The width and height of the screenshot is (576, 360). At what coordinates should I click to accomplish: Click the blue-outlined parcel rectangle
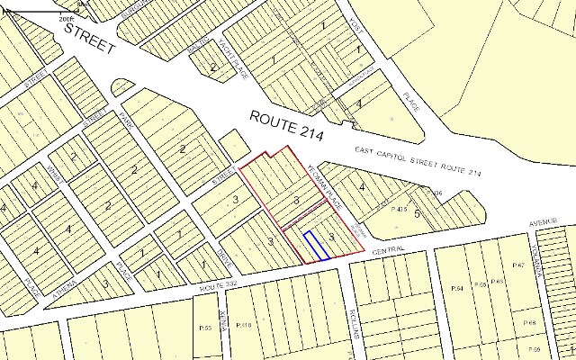pyautogui.click(x=314, y=246)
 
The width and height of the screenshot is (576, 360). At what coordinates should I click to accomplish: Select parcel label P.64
pyautogui.click(x=456, y=288)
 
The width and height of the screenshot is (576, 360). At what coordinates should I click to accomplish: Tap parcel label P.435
pyautogui.click(x=401, y=209)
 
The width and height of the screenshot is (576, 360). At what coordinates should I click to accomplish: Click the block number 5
pyautogui.click(x=418, y=214)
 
